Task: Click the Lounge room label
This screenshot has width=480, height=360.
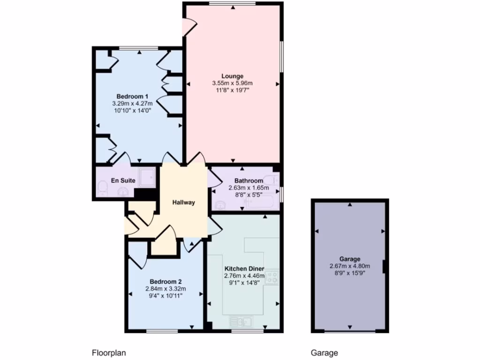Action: [x=232, y=76]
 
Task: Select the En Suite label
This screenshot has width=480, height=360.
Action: [x=123, y=180]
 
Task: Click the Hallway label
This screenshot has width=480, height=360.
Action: [x=183, y=202]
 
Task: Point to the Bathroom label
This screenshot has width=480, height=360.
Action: [x=248, y=181]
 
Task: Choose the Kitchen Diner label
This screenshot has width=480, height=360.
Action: [x=244, y=269]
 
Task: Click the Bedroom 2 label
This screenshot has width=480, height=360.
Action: [x=165, y=281]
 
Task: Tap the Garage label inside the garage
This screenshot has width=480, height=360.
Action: [x=350, y=259]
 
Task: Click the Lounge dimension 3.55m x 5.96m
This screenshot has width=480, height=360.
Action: [x=232, y=83]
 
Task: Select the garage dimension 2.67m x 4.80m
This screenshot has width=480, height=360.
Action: [x=350, y=266]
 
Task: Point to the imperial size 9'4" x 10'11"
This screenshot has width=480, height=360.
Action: [x=165, y=296]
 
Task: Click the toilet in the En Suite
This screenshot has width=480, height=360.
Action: [x=103, y=188]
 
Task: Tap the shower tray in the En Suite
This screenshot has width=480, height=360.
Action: [x=148, y=177]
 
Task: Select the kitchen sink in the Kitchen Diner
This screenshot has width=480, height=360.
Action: [x=242, y=322]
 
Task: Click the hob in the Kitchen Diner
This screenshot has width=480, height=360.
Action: [x=272, y=277]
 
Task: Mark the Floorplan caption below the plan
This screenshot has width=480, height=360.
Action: [x=109, y=353]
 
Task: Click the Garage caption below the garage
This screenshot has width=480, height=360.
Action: [x=324, y=353]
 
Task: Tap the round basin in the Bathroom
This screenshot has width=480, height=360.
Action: [x=220, y=205]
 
